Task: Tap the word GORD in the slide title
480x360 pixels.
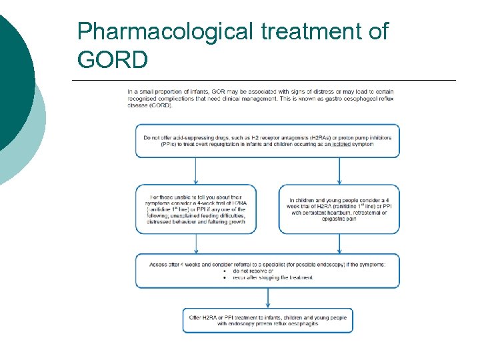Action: [x=113, y=60]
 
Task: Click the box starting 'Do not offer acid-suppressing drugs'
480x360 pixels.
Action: [x=267, y=141]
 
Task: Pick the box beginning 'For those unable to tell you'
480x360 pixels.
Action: [x=195, y=209]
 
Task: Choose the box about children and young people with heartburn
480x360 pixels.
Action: [x=339, y=209]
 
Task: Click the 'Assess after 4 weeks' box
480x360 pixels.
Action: [x=267, y=270]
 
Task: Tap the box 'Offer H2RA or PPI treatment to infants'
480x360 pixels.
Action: [x=267, y=321]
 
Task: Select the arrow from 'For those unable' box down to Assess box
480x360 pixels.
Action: [x=195, y=244]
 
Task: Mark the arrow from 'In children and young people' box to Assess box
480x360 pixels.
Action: [x=339, y=244]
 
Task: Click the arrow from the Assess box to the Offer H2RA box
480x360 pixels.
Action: [x=267, y=298]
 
